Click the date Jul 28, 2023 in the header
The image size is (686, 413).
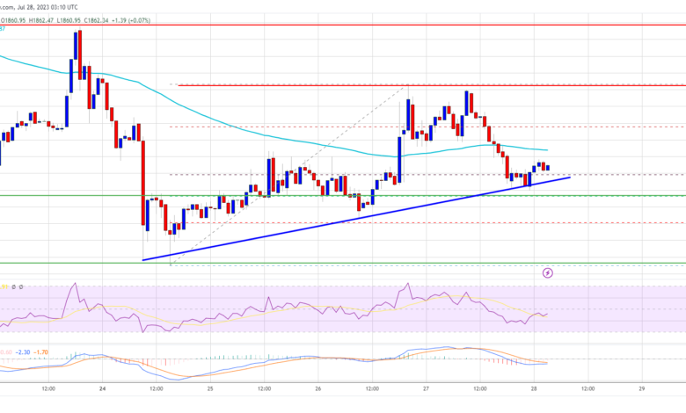coord(33,7)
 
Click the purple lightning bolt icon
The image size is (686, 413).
coord(548,272)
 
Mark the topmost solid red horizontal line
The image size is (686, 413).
coord(352,25)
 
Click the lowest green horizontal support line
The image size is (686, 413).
coord(352,262)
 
